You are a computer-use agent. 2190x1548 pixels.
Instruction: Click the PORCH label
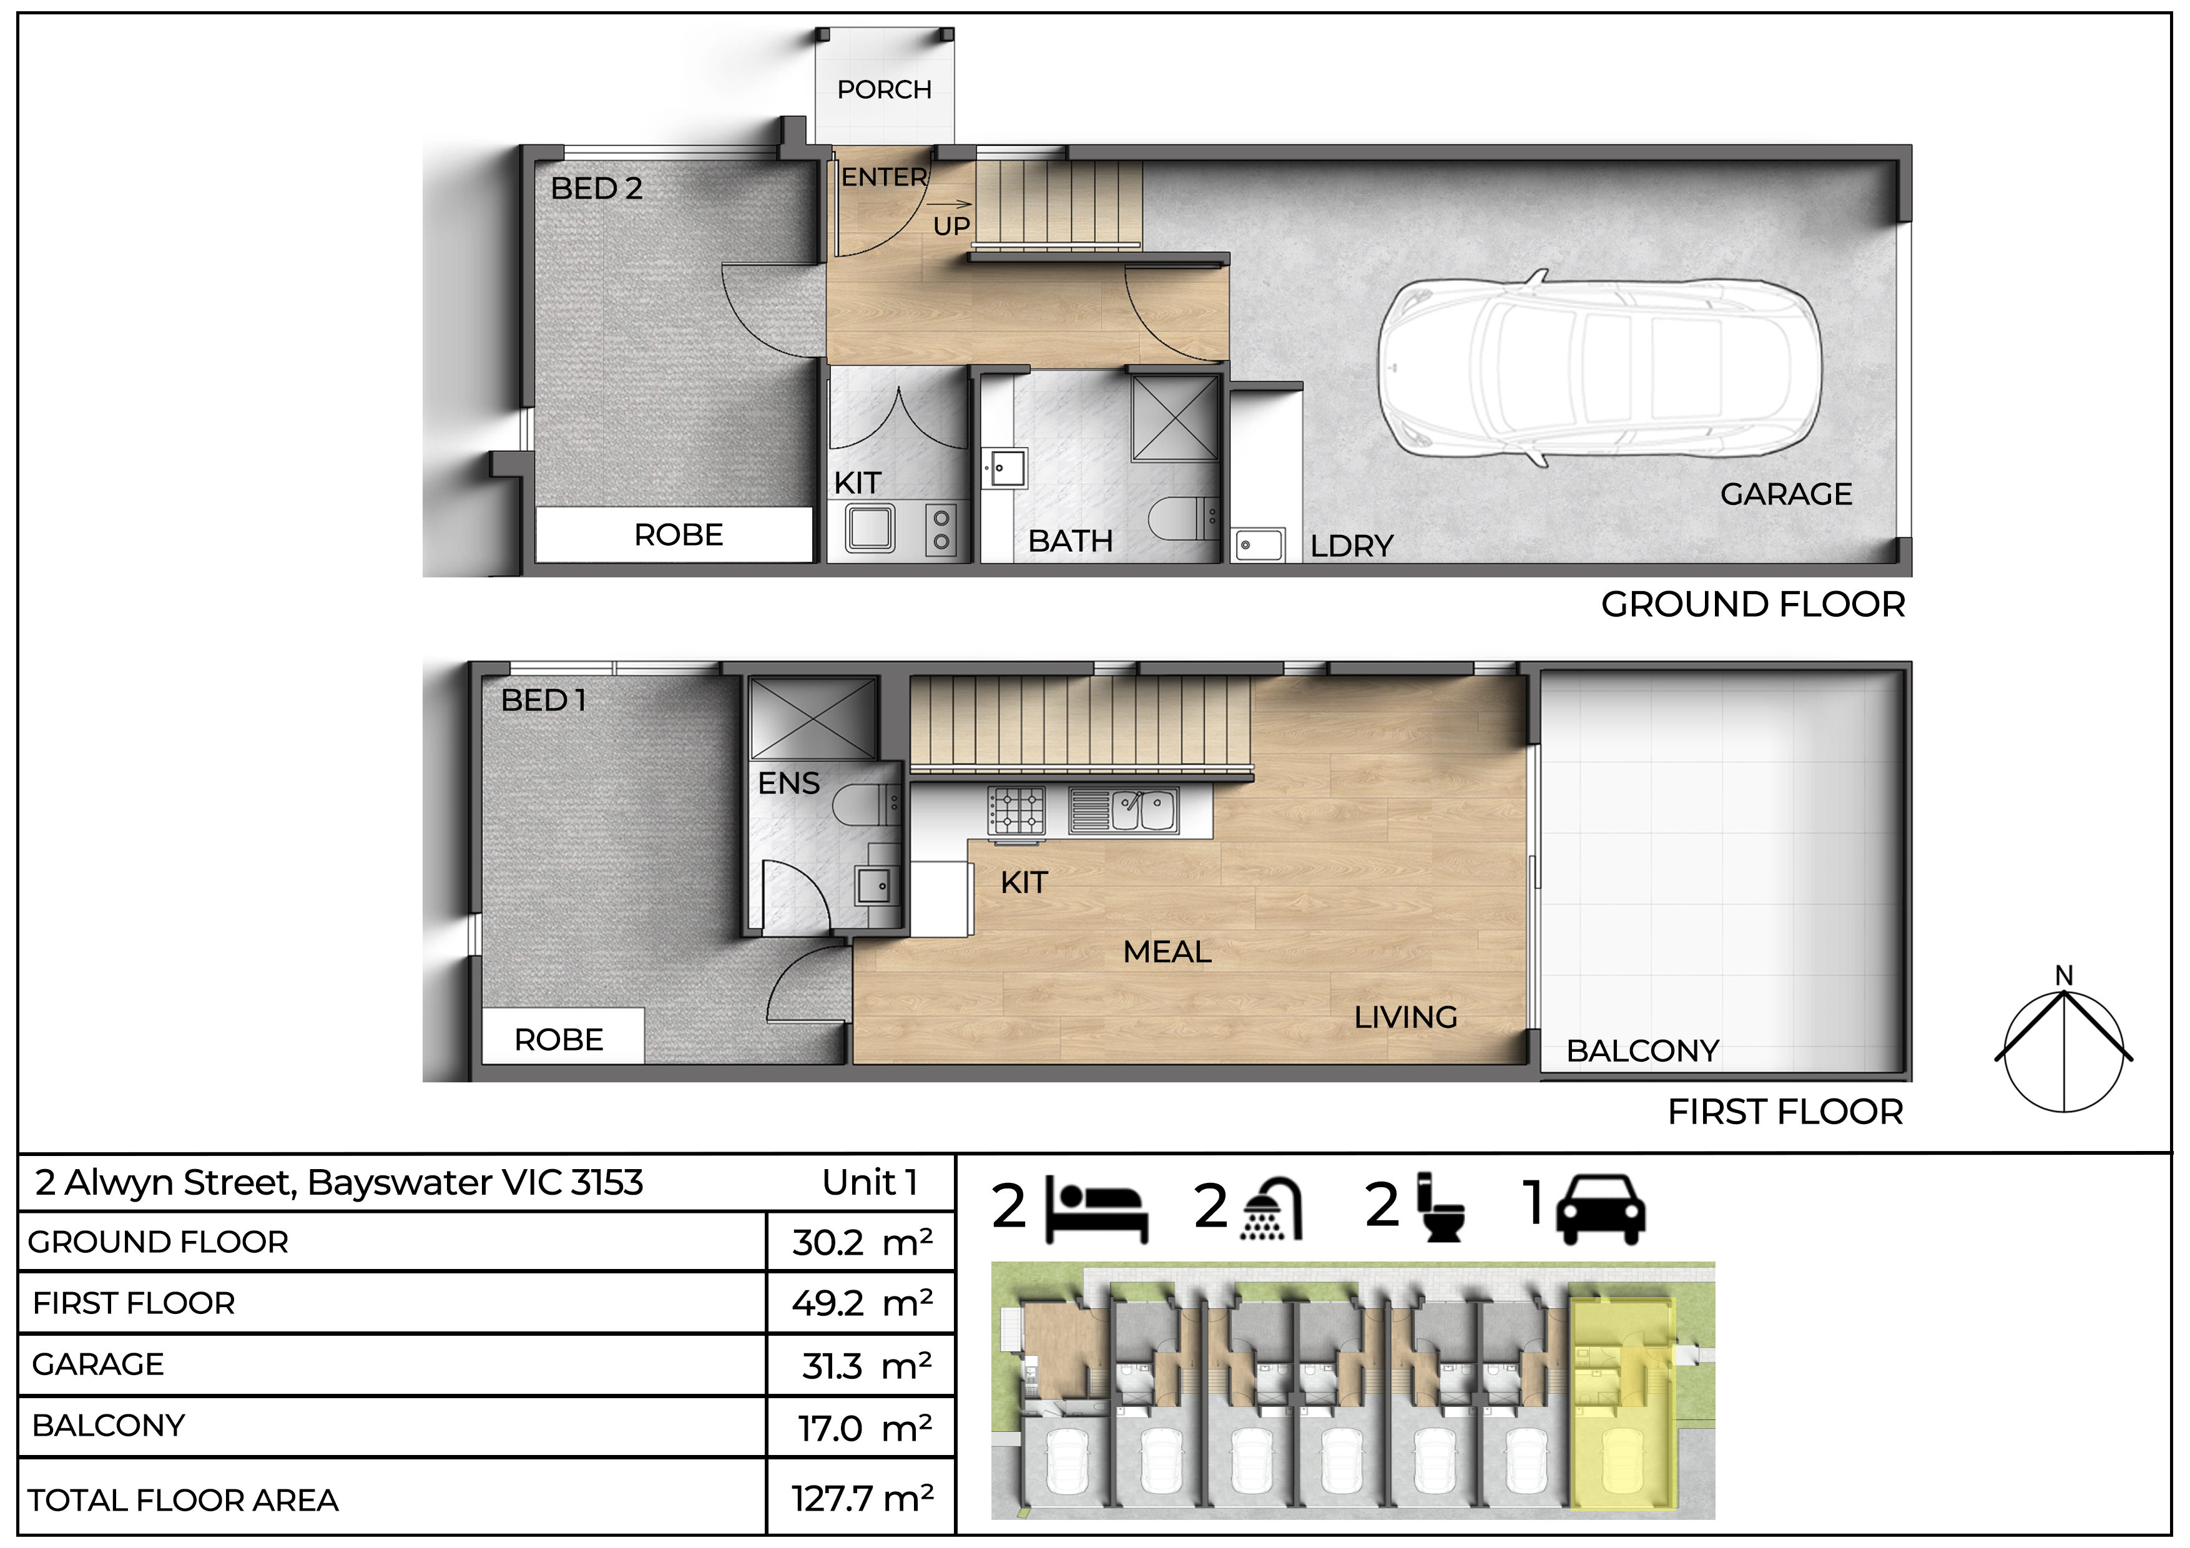pyautogui.click(x=884, y=90)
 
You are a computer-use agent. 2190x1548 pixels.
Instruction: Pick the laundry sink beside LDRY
pyautogui.click(x=1259, y=546)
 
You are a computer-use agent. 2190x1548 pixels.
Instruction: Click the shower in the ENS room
pyautogui.click(x=813, y=719)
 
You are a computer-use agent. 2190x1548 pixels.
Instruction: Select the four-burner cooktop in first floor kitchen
pyautogui.click(x=1017, y=811)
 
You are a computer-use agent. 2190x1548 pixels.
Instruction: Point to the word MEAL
pyautogui.click(x=1167, y=952)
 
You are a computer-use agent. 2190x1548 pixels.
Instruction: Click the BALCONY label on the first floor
pyautogui.click(x=1642, y=1051)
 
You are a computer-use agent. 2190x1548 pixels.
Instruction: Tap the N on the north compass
pyautogui.click(x=2064, y=976)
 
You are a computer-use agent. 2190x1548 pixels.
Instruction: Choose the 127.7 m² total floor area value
pyautogui.click(x=862, y=1499)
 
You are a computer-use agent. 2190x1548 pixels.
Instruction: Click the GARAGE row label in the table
pyautogui.click(x=97, y=1365)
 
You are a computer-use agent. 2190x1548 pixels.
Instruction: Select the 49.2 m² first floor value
pyautogui.click(x=862, y=1303)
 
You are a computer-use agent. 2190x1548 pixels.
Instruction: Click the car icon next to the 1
pyautogui.click(x=1601, y=1210)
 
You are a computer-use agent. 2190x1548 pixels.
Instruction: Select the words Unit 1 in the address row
pyautogui.click(x=870, y=1183)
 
